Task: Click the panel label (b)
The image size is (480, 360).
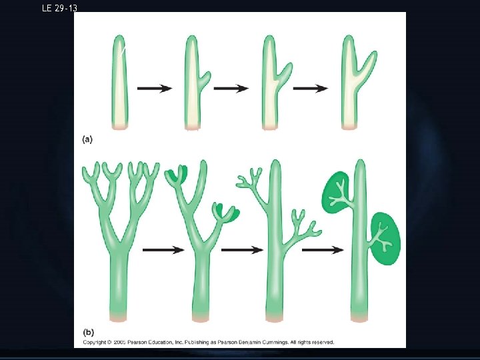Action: [x=88, y=331]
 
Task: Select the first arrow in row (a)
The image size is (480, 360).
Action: [x=154, y=89]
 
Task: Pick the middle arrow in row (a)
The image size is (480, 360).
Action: [x=231, y=88]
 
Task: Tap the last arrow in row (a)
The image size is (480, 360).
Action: [x=310, y=88]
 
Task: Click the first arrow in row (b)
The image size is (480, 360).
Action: [x=163, y=249]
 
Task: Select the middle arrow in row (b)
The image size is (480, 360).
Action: [x=243, y=249]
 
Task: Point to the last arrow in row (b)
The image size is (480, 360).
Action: [x=323, y=249]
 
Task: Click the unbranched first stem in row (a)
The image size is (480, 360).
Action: [x=119, y=83]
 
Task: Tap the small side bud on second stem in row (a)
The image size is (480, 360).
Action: [x=205, y=77]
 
